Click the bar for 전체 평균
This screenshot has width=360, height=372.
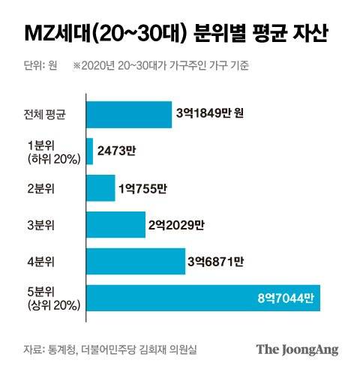coord(130,115)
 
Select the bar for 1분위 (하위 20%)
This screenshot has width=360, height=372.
coord(90,151)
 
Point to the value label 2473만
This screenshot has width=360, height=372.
coord(118,151)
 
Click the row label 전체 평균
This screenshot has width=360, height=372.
coord(45,115)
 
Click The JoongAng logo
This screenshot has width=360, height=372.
coord(297,349)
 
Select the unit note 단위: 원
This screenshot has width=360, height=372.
coord(41,65)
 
